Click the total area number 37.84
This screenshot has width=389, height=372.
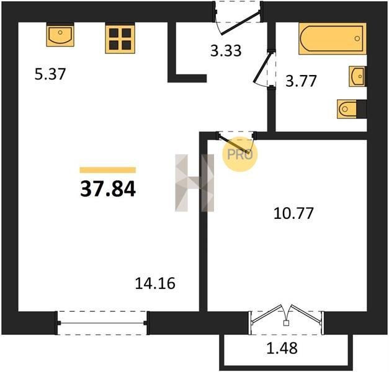pyautogui.click(x=108, y=188)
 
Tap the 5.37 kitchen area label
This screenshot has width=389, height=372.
pyautogui.click(x=50, y=74)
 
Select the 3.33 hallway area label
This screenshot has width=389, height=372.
pyautogui.click(x=226, y=51)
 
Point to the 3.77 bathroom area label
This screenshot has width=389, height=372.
pyautogui.click(x=301, y=81)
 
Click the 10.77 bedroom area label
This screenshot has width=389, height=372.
pyautogui.click(x=293, y=213)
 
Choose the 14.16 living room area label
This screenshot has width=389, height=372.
pyautogui.click(x=155, y=283)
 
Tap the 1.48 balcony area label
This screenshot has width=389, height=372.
pyautogui.click(x=282, y=348)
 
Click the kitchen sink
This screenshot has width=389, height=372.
pyautogui.click(x=60, y=35)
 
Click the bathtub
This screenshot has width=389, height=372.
pyautogui.click(x=333, y=38)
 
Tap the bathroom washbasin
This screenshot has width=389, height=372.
pyautogui.click(x=357, y=76)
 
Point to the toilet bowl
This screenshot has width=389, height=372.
pyautogui.click(x=347, y=109)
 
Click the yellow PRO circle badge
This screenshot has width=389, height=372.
pyautogui.click(x=240, y=154)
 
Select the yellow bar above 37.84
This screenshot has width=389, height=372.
pyautogui.click(x=108, y=170)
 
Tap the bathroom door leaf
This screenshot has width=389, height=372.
pyautogui.click(x=262, y=67)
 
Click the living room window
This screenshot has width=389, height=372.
pyautogui.click(x=102, y=323)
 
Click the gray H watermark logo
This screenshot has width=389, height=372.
pyautogui.click(x=195, y=183)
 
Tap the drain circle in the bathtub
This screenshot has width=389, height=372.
pyautogui.click(x=357, y=38)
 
